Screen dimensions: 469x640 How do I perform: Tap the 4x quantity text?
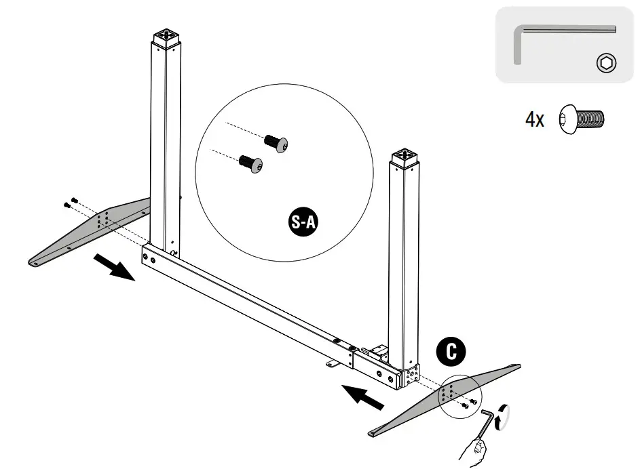pos(534,121)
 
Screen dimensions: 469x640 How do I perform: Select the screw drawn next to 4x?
pos(581,119)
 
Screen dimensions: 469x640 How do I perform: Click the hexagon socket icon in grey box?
pos(605,64)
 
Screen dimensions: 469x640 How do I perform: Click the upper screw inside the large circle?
pos(276,143)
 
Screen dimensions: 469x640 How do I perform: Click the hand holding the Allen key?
pos(474,450)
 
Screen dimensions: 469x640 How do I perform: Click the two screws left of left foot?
pos(70,201)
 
